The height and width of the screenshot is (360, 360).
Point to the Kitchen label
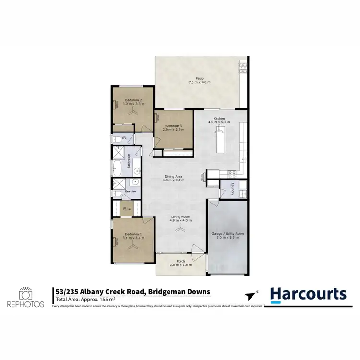(219, 118)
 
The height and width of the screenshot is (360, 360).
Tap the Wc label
(124, 138)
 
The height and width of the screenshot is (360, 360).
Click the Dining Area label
(173, 177)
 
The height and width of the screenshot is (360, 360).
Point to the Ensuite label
(131, 192)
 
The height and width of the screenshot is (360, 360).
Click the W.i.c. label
(127, 208)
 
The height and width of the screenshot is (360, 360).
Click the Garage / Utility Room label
(228, 234)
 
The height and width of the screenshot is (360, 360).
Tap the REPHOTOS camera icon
(26, 293)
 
